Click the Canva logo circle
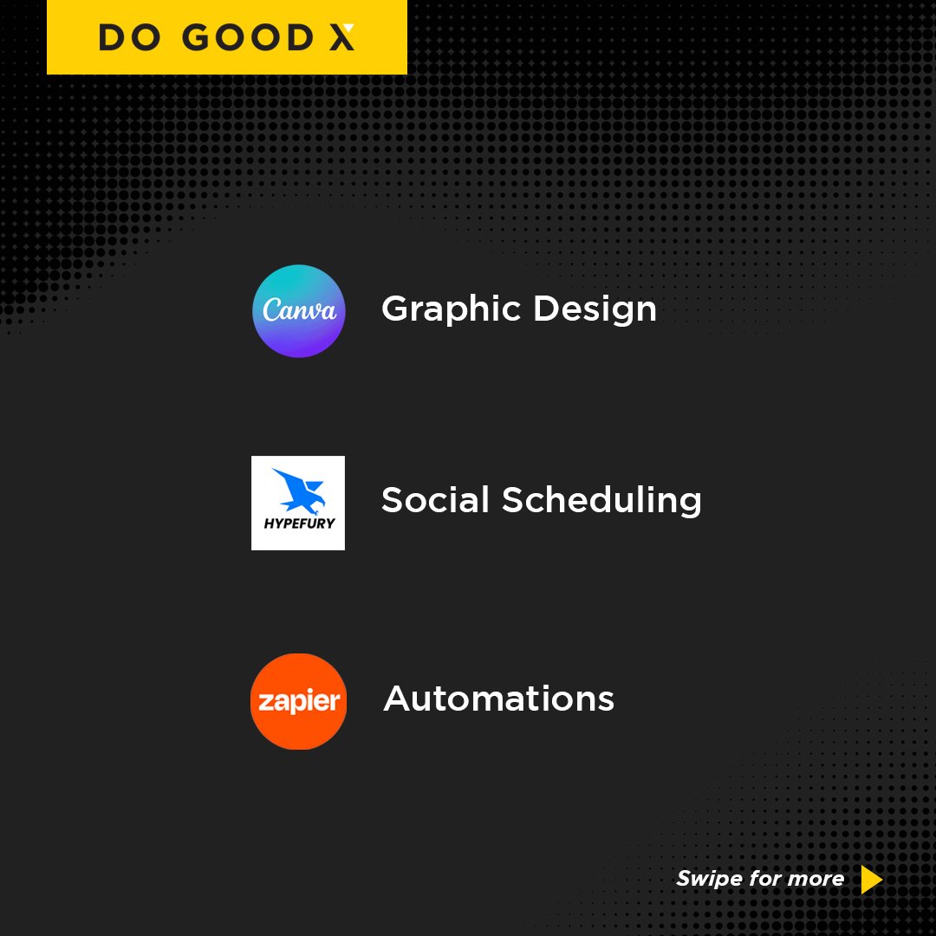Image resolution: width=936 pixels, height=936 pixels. tap(298, 311)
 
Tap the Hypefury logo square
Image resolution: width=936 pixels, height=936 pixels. tap(298, 503)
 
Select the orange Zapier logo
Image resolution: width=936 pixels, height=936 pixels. tap(298, 701)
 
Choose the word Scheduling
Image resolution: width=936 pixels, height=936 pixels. tap(601, 501)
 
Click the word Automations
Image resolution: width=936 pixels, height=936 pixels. tap(498, 699)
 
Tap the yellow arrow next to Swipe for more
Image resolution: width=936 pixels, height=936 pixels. tap(871, 880)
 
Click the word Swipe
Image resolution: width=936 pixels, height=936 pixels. tap(708, 879)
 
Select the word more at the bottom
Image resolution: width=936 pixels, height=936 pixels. tap(816, 879)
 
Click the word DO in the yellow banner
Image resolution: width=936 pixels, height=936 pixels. tap(127, 37)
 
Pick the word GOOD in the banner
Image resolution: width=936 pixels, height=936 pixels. tap(240, 37)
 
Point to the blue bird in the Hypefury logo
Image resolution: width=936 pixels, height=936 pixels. tap(297, 491)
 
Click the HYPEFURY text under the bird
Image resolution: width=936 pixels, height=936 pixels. tap(298, 523)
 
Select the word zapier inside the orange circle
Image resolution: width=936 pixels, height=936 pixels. tap(298, 702)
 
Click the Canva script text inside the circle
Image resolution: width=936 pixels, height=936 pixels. tap(299, 310)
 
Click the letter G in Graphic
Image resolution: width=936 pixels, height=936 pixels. tap(397, 309)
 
